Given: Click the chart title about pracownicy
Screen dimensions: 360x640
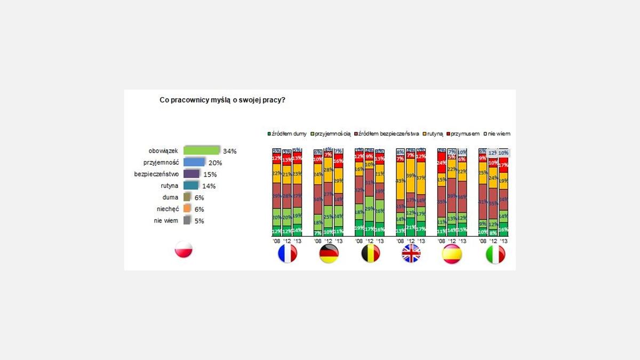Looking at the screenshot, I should pyautogui.click(x=222, y=100).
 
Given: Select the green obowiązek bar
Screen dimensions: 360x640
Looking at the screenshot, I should pyautogui.click(x=202, y=151).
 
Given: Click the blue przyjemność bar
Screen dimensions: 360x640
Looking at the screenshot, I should pyautogui.click(x=194, y=163).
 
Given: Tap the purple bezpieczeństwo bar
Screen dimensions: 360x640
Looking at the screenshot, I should pyautogui.click(x=191, y=174).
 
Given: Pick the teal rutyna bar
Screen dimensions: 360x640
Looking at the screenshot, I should pyautogui.click(x=190, y=186).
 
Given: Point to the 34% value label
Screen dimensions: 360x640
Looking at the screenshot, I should pyautogui.click(x=230, y=151).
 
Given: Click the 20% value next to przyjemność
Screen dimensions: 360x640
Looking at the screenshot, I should pyautogui.click(x=215, y=163).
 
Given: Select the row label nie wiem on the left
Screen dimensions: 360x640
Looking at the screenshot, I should pyautogui.click(x=167, y=221).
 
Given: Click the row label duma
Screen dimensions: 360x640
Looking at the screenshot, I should pyautogui.click(x=170, y=197).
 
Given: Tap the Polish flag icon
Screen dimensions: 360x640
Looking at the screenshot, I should pyautogui.click(x=183, y=250).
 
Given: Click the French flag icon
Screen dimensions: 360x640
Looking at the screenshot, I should pyautogui.click(x=287, y=254).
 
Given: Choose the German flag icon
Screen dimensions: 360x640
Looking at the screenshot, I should pyautogui.click(x=329, y=254).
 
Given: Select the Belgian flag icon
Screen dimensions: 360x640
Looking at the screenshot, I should pyautogui.click(x=370, y=254).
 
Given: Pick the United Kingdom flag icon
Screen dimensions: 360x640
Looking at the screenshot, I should pyautogui.click(x=411, y=254).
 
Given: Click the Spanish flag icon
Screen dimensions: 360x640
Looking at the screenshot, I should pyautogui.click(x=452, y=254).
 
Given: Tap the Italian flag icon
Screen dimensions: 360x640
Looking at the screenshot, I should pyautogui.click(x=495, y=254).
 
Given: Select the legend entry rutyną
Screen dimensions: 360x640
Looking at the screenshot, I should pyautogui.click(x=433, y=134).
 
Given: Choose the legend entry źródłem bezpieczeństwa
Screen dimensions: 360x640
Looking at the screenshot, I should pyautogui.click(x=386, y=134).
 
